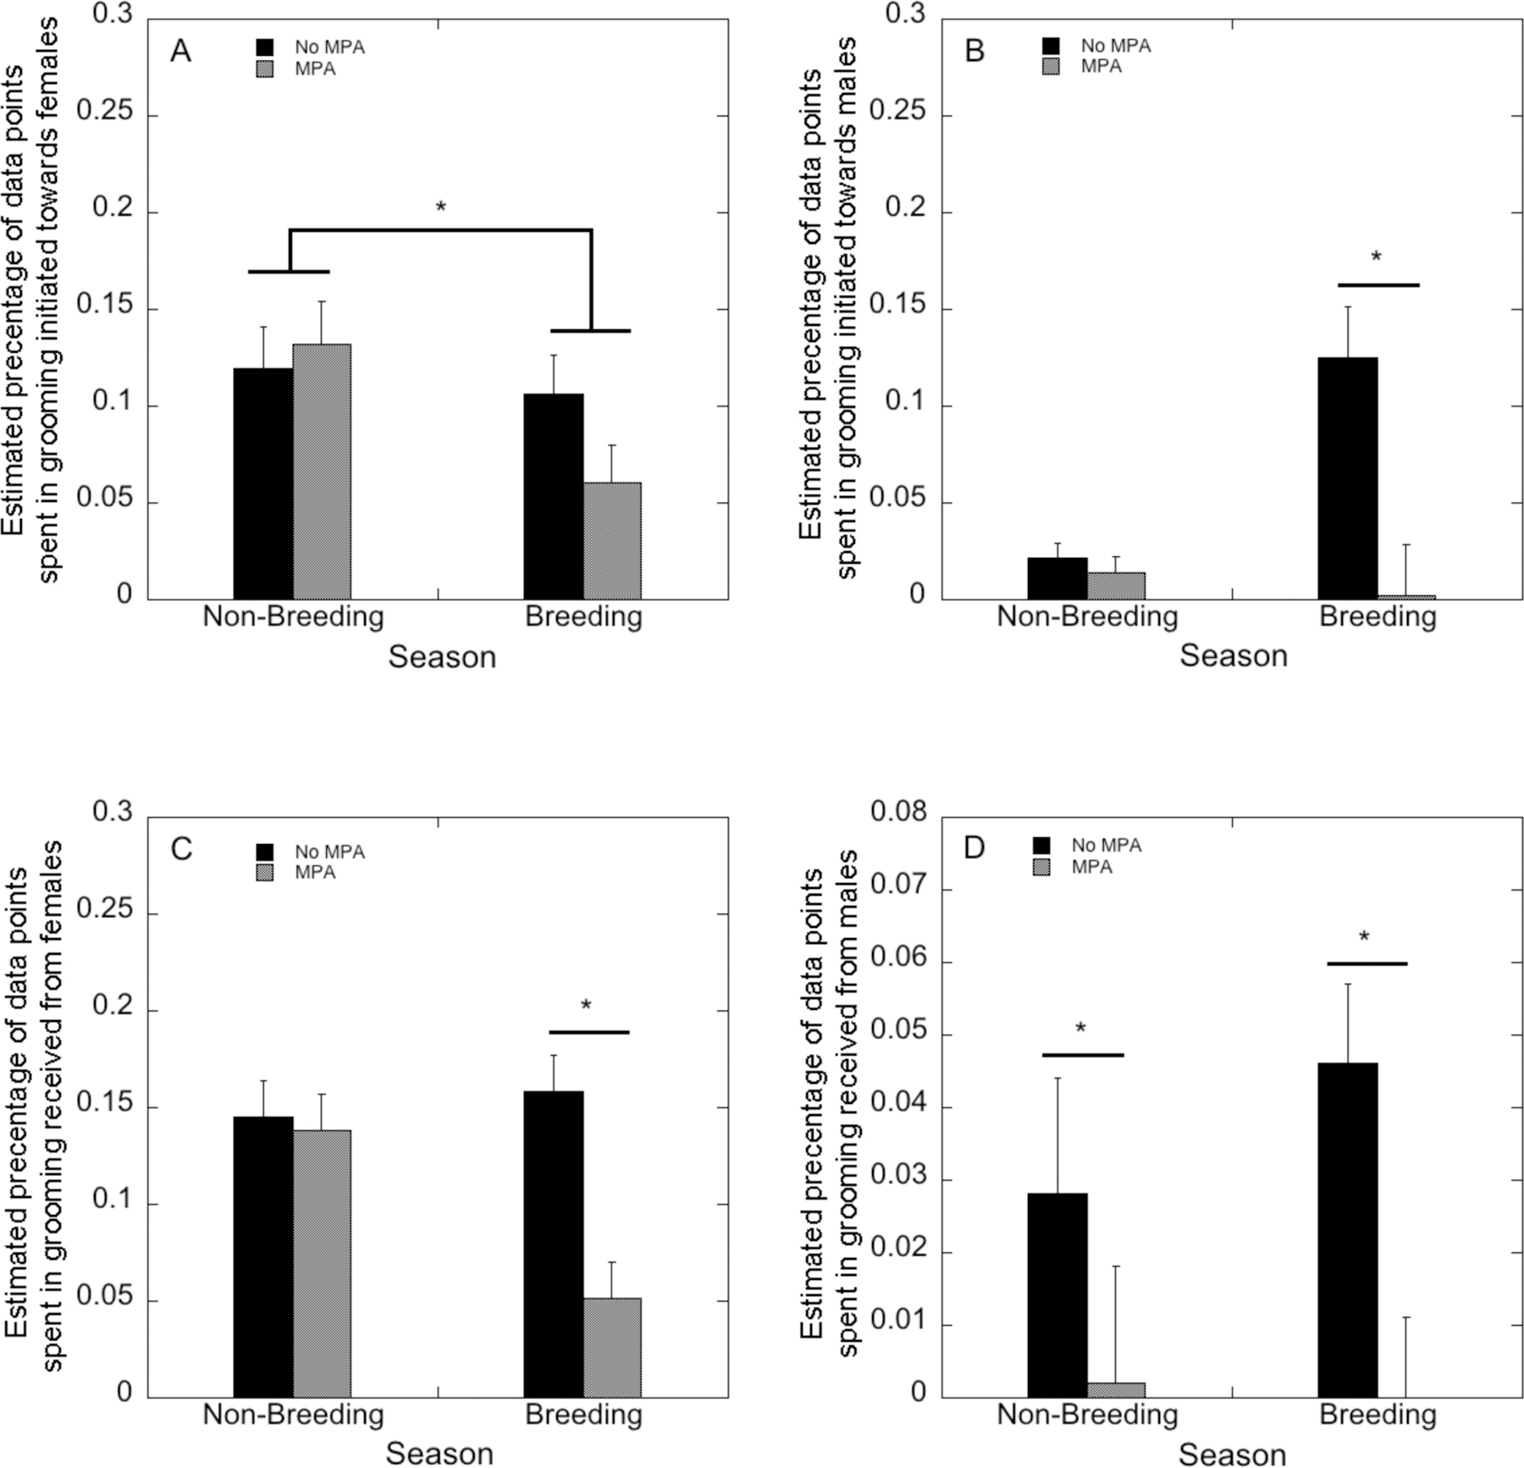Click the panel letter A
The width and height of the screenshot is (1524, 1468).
point(180,52)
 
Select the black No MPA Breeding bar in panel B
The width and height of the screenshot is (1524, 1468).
point(1347,478)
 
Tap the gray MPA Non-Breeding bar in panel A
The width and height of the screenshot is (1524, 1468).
point(322,472)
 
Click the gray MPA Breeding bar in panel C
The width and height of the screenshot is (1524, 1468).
point(612,1347)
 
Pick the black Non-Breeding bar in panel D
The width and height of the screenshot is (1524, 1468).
point(1057,1294)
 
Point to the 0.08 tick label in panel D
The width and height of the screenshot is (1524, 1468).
point(898,812)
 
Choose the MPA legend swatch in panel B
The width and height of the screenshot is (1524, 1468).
point(1051,67)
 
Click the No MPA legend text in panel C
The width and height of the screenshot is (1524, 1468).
point(329,852)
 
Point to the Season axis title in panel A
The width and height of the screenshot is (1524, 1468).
point(442,657)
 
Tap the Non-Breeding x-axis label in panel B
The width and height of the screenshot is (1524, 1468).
point(1087,616)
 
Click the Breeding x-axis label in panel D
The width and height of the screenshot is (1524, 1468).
point(1378,1415)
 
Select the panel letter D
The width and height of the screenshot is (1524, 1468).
point(975,847)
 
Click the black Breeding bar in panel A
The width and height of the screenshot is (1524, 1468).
point(553,497)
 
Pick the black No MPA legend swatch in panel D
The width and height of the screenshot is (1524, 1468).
point(1041,845)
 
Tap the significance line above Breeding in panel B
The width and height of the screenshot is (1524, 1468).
point(1378,285)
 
